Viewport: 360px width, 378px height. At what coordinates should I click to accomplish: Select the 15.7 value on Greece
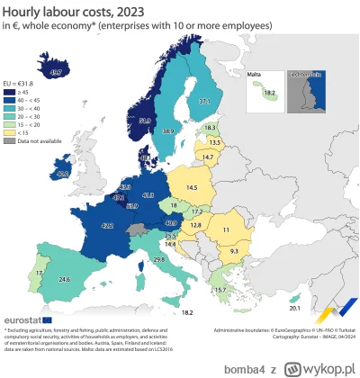[219, 290]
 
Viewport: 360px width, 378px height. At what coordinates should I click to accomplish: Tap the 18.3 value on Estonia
[210, 129]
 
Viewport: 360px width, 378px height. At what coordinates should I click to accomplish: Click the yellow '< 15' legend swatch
[11, 129]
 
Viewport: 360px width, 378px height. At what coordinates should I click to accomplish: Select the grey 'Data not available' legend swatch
[11, 138]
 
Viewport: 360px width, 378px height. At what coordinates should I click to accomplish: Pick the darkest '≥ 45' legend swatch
[11, 89]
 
